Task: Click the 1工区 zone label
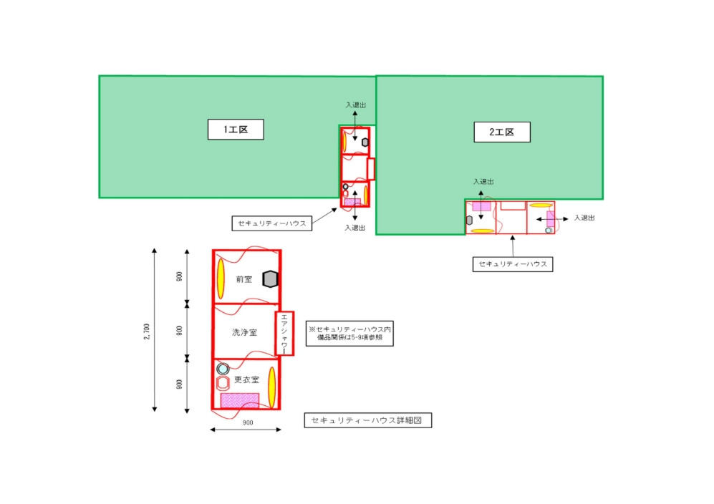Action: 236,130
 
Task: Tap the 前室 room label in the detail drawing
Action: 243,279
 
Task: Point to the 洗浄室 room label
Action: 243,332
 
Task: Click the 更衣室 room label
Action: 246,379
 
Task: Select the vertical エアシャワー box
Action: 284,333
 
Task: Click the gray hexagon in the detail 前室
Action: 269,279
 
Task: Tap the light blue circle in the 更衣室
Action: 223,369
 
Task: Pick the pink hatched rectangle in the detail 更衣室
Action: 239,400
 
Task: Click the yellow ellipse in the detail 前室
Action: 221,278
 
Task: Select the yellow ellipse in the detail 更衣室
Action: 272,386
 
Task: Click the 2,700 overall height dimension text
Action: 146,331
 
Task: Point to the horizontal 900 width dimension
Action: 247,423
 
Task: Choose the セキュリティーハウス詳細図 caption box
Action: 367,421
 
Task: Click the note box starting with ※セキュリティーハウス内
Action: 349,333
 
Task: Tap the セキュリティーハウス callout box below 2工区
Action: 512,264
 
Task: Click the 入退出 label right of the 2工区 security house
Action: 585,217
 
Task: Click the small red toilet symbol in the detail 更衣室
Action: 223,382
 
